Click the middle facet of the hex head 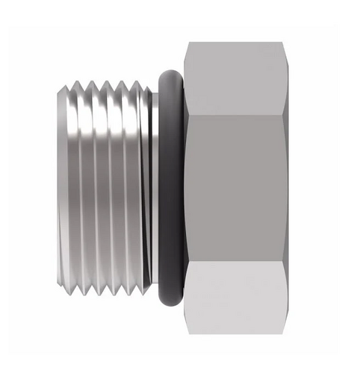click(x=235, y=186)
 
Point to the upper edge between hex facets click(x=235, y=114)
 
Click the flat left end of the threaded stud click(x=60, y=186)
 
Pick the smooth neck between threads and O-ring click(x=152, y=186)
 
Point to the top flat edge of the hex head click(x=235, y=42)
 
